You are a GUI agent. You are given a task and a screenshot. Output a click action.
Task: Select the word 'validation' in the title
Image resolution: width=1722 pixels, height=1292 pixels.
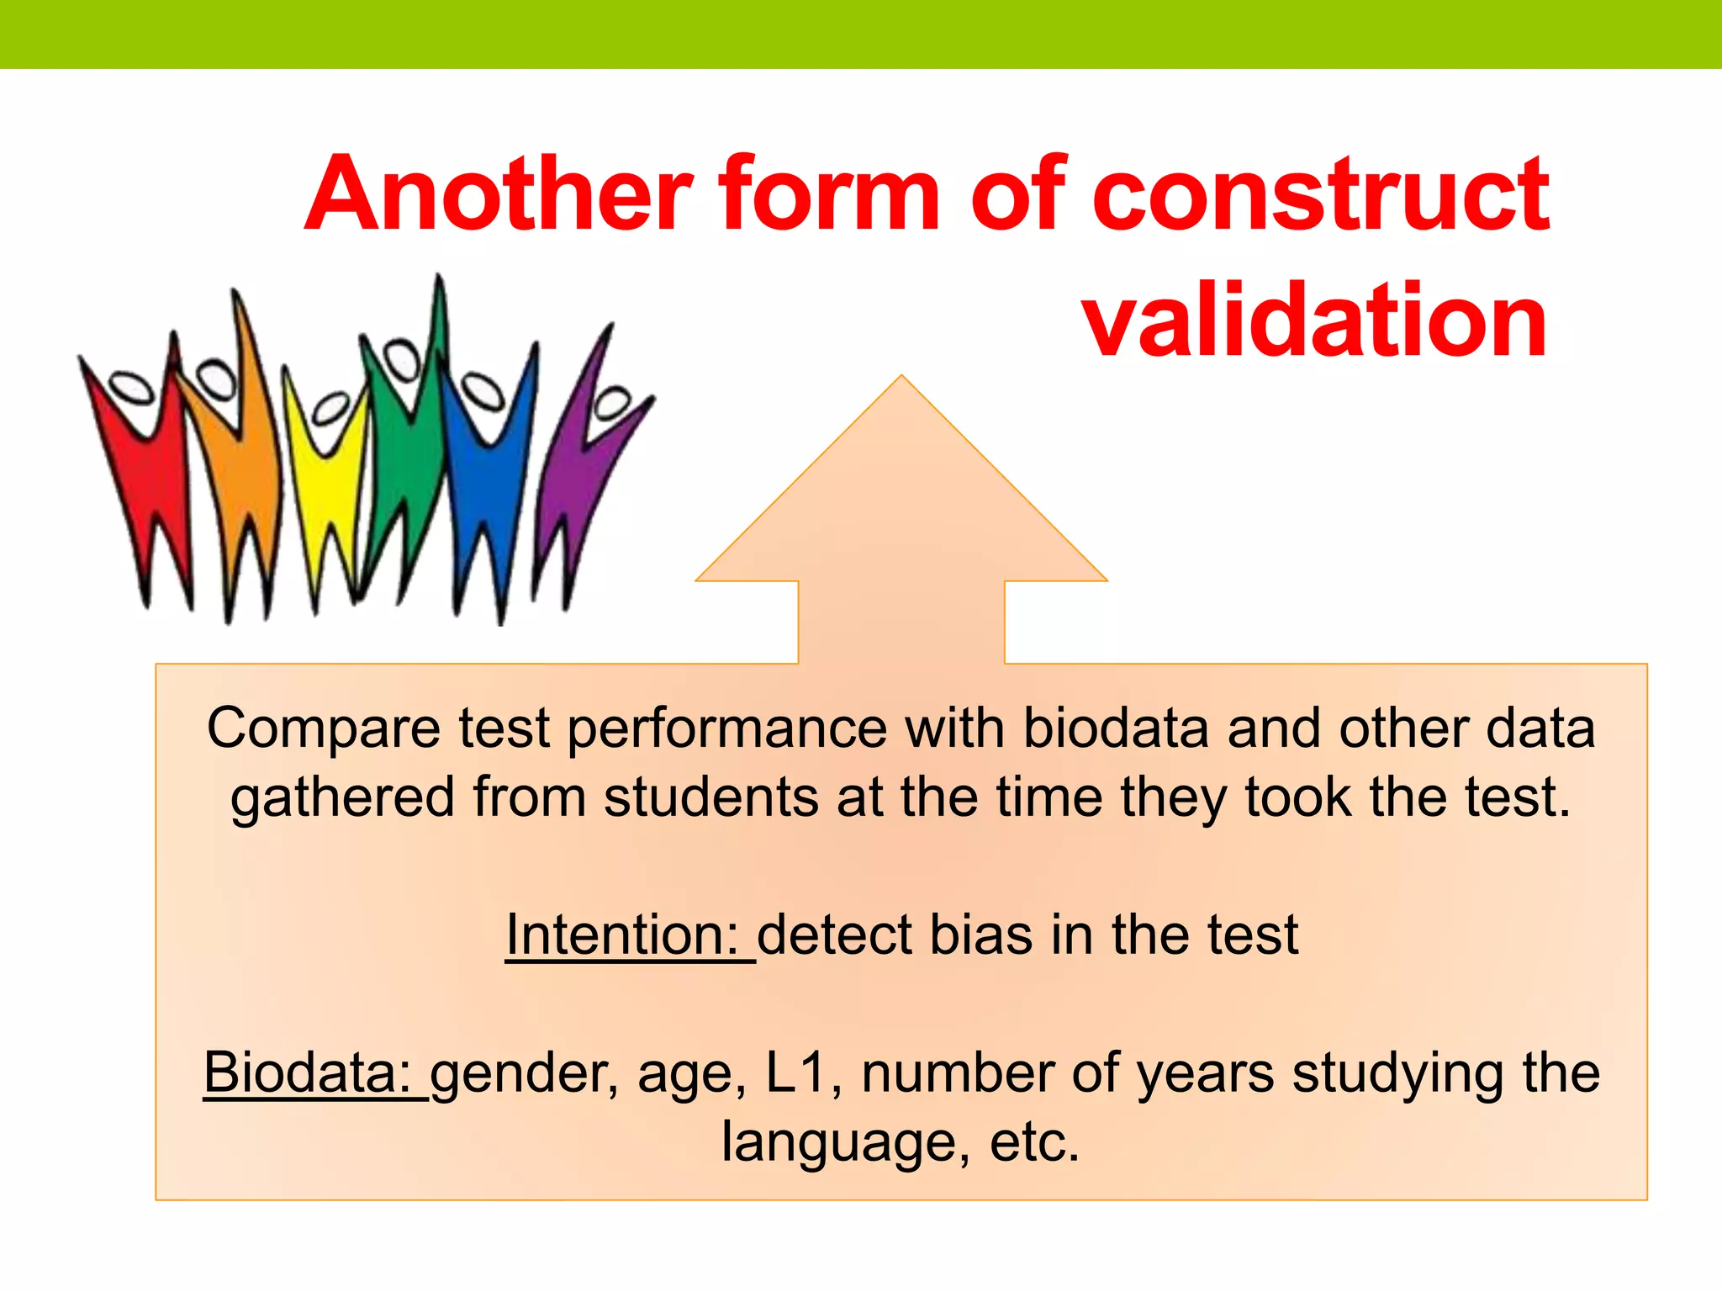coord(1315,321)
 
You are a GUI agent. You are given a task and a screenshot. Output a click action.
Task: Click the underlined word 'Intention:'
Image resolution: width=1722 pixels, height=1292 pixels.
coord(622,935)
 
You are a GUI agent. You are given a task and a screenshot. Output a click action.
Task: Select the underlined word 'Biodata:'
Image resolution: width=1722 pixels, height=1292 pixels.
coord(308,1072)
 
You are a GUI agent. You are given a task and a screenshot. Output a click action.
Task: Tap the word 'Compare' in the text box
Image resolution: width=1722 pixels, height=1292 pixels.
coord(324,728)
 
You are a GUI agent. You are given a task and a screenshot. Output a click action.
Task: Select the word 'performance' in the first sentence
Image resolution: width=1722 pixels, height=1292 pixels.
coord(727,728)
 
